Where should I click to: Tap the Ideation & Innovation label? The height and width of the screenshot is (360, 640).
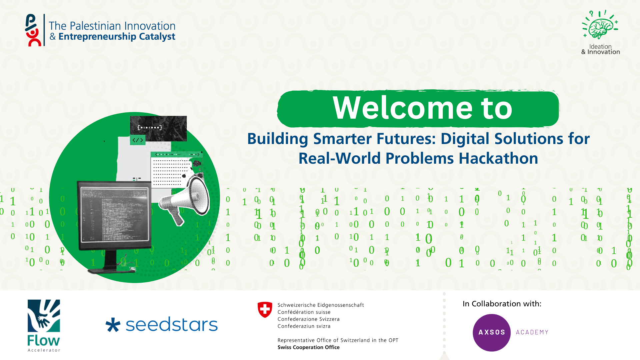point(601,49)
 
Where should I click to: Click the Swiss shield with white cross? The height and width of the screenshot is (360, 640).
point(265,310)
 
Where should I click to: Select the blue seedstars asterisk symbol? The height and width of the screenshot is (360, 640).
point(113,325)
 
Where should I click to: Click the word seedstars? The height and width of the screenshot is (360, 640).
point(172,325)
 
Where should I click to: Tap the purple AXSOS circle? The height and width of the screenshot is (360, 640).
point(492,332)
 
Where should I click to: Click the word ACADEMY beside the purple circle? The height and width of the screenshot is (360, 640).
point(532,332)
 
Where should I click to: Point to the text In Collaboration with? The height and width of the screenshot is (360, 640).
point(502,304)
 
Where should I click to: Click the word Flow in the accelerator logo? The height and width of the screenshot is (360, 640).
point(44,341)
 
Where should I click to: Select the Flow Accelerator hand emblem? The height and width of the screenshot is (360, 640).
point(44,316)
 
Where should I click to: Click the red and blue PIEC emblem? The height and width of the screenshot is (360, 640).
point(33,30)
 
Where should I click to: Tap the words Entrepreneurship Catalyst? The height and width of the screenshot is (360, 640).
point(117,37)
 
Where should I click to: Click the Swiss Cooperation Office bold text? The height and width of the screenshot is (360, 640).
point(309,347)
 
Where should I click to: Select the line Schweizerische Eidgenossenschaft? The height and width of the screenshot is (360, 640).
point(321,305)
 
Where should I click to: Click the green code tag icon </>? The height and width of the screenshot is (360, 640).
point(138,140)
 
